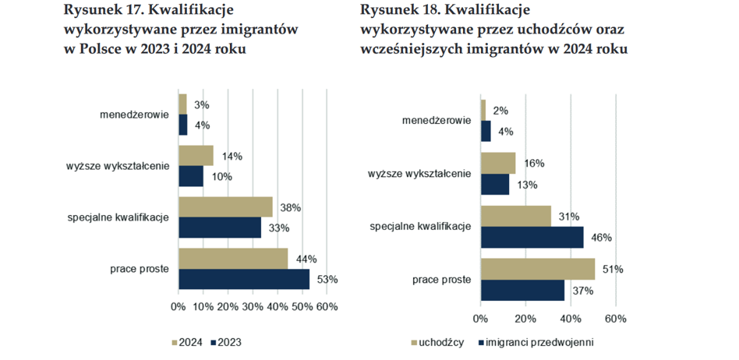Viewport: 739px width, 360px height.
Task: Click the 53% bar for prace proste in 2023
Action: [x=244, y=279]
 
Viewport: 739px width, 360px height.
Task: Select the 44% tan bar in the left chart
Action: [x=233, y=259]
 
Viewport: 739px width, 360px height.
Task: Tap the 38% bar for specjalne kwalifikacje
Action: [x=225, y=207]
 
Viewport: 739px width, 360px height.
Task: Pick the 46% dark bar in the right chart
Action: [x=532, y=238]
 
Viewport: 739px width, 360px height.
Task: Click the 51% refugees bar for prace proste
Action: [x=538, y=269]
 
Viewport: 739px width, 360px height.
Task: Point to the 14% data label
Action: [x=232, y=156]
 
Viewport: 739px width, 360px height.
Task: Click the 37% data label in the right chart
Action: [x=582, y=291]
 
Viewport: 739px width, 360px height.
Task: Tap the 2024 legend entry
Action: [x=188, y=341]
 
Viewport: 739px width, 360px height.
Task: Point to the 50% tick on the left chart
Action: [x=302, y=307]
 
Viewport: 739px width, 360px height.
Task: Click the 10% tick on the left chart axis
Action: [x=203, y=307]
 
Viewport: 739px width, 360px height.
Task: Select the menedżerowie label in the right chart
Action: [x=436, y=121]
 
